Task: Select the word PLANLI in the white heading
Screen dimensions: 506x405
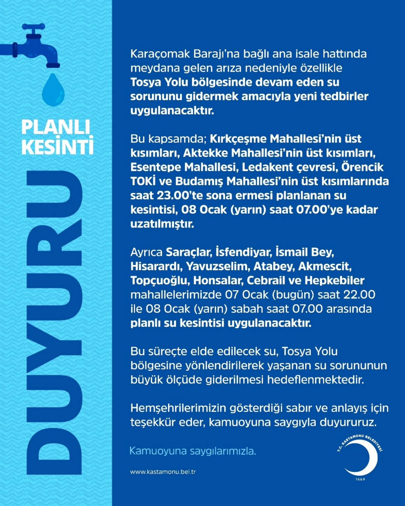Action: coord(56,127)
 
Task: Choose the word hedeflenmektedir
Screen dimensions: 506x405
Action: coord(315,380)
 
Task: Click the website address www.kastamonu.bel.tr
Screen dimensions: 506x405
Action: coord(163,472)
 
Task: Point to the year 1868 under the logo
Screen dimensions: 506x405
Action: coord(360,479)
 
